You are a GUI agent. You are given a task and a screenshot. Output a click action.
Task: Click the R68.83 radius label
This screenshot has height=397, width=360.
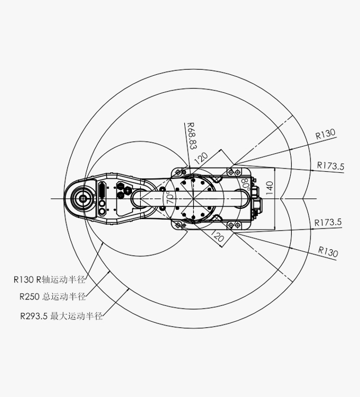[191, 136]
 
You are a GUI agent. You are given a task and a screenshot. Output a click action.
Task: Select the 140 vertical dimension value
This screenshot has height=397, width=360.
[269, 188]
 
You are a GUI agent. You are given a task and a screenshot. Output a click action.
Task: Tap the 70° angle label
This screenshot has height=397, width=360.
[171, 197]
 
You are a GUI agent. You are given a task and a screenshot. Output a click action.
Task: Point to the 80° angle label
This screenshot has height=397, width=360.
[245, 184]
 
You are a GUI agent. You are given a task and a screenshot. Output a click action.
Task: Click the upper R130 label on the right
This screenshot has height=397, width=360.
[326, 134]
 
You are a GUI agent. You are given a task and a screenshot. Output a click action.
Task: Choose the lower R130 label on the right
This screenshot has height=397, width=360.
[328, 252]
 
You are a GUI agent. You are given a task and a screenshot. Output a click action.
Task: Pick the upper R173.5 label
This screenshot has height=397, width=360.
[331, 166]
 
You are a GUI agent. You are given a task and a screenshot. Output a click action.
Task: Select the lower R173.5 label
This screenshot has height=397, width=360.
[328, 222]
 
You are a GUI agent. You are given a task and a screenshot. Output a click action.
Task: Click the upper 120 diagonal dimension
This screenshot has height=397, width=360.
[201, 158]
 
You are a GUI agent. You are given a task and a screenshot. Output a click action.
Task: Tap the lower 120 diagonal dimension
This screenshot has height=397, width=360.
[218, 236]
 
